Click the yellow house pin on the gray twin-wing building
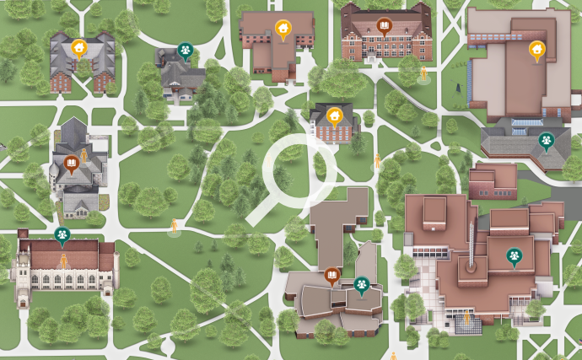78,48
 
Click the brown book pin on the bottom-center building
332,276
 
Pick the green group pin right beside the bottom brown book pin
361,285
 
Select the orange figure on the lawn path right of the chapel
175,226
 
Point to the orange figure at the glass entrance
466,320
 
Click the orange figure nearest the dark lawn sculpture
424,74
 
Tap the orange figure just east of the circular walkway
378,161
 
